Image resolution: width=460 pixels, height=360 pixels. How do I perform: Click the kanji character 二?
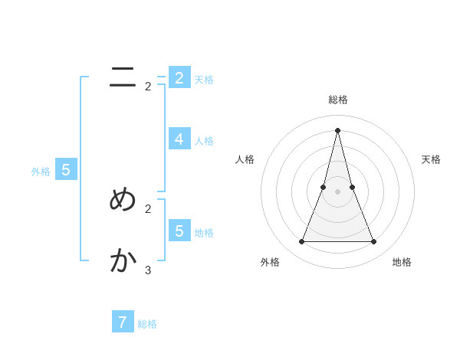tap(123, 77)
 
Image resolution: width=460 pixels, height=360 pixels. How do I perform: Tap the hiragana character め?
tap(123, 199)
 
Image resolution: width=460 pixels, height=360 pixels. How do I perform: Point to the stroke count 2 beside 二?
tap(148, 87)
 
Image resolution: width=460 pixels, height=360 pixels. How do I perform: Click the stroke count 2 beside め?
tap(148, 208)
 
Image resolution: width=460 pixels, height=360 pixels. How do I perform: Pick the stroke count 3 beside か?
tap(148, 270)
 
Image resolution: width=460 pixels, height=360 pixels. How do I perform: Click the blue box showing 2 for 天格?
tap(179, 77)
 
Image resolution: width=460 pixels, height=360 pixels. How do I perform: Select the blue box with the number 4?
tap(179, 139)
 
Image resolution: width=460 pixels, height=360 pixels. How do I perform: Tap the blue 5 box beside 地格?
tap(179, 231)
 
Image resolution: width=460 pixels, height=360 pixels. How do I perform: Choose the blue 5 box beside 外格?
tap(65, 170)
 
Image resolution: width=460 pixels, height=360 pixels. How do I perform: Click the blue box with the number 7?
tap(122, 322)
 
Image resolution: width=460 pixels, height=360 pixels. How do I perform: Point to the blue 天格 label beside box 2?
tap(204, 80)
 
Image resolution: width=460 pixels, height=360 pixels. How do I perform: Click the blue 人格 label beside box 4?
tap(204, 141)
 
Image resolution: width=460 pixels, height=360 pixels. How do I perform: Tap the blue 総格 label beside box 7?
tap(147, 324)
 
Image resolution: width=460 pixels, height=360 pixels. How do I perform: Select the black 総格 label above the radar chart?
tap(337, 100)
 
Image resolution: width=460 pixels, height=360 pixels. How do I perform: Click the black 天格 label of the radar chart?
tap(431, 159)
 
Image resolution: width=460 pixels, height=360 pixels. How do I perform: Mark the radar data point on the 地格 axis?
tap(374, 242)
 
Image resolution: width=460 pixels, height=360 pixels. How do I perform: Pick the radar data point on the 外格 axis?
tap(301, 242)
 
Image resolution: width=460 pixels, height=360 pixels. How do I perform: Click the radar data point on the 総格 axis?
tap(337, 129)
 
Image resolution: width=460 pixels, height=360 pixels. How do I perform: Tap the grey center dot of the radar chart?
tap(337, 191)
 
